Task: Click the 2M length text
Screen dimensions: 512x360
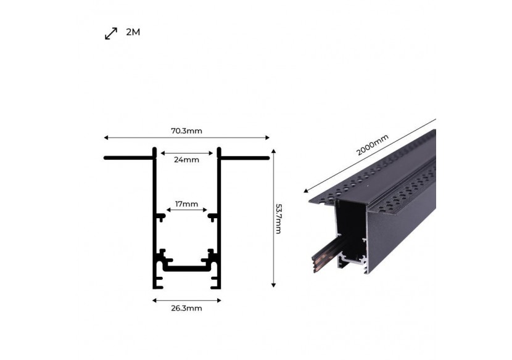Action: coord(133,32)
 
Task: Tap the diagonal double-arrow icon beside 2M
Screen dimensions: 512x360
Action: coord(111,33)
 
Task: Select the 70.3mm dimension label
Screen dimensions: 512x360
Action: coord(186,131)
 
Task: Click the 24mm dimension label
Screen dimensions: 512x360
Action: coord(186,160)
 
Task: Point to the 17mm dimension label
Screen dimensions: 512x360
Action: coord(186,204)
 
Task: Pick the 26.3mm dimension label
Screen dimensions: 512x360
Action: coord(186,308)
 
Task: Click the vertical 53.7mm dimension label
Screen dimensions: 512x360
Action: coord(278,219)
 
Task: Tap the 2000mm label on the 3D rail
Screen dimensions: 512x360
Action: coord(372,145)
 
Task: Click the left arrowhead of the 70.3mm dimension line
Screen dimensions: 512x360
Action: coord(106,137)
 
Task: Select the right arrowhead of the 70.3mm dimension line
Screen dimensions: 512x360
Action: coord(268,137)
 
